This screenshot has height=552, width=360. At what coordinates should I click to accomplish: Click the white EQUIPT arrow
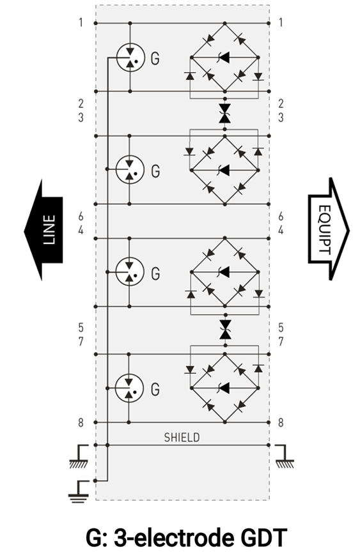pyautogui.click(x=327, y=229)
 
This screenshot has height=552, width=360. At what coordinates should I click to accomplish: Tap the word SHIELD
pyautogui.click(x=182, y=437)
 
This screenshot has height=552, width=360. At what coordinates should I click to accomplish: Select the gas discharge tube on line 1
pyautogui.click(x=130, y=57)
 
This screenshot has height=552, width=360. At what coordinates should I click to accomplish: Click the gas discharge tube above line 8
pyautogui.click(x=129, y=388)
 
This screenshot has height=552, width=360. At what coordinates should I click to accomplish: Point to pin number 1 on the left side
pyautogui.click(x=81, y=22)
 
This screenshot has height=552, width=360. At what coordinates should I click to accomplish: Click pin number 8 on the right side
pyautogui.click(x=281, y=422)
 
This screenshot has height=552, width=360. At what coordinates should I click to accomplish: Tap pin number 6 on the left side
pyautogui.click(x=81, y=217)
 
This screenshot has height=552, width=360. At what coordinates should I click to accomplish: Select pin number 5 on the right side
pyautogui.click(x=281, y=328)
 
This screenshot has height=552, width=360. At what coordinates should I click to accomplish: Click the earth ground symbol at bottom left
pyautogui.click(x=78, y=491)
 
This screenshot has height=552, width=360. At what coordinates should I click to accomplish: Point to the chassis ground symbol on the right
pyautogui.click(x=285, y=457)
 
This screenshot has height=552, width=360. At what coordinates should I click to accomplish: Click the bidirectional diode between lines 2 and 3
pyautogui.click(x=224, y=113)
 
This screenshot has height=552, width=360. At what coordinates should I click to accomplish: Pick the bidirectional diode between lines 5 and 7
pyautogui.click(x=224, y=330)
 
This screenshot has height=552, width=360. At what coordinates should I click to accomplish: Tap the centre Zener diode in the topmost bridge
pyautogui.click(x=224, y=57)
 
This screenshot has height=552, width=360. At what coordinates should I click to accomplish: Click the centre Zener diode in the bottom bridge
pyautogui.click(x=224, y=388)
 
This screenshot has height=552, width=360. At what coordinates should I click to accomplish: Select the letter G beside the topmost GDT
pyautogui.click(x=155, y=58)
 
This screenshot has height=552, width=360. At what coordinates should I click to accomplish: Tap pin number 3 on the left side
pyautogui.click(x=81, y=117)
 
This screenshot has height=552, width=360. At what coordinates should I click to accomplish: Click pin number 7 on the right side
pyautogui.click(x=281, y=341)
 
